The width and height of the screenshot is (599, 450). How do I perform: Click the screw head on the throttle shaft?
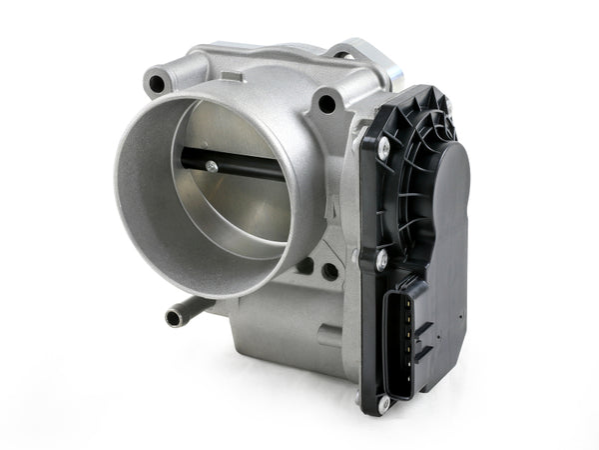(212, 168)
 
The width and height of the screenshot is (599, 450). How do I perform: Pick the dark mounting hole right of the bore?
(326, 102)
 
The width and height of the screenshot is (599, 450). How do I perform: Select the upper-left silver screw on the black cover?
(383, 148)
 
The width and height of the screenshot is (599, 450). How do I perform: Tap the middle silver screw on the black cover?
(380, 260)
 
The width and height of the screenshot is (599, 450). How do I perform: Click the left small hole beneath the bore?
(305, 268)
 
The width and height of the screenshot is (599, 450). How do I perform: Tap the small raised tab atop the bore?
(232, 76)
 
